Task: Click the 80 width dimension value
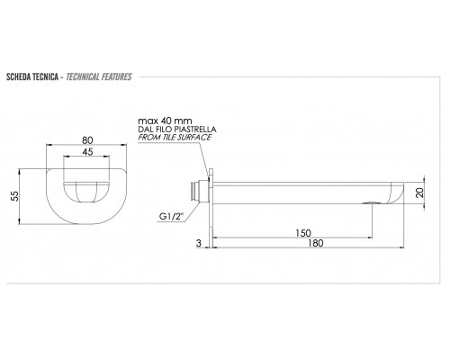(87, 140)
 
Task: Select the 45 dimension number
(87, 152)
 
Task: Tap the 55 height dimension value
(14, 196)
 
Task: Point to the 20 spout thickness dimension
(420, 193)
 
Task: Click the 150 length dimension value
(303, 233)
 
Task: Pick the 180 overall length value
(316, 243)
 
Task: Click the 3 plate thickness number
(199, 243)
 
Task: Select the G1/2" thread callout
(171, 216)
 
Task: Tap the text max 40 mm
(165, 121)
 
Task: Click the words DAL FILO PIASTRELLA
(177, 130)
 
